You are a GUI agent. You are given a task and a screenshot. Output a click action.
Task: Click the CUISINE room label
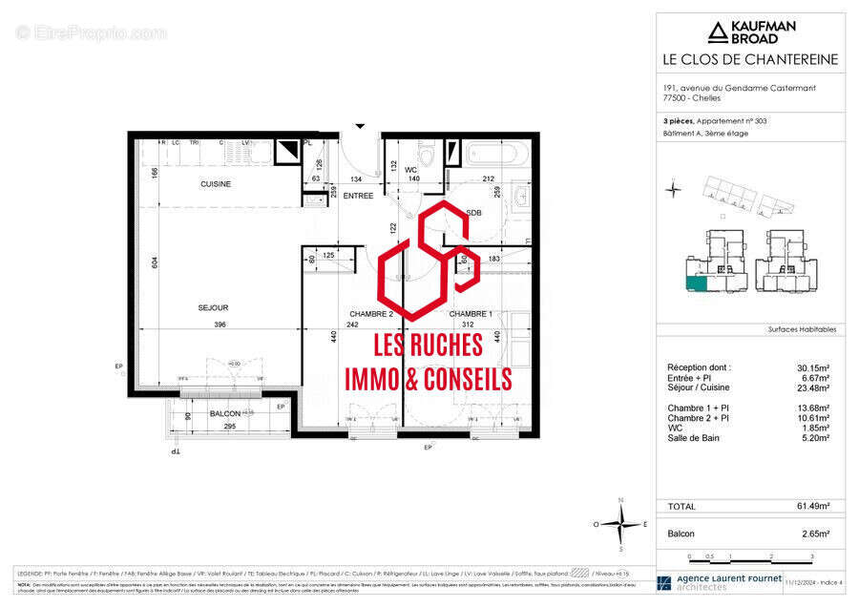point(215,184)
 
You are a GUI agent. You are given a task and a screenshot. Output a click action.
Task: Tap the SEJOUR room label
point(215,307)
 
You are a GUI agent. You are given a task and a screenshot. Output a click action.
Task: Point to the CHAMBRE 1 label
point(471,314)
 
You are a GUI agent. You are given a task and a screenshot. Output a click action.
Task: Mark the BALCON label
point(225,412)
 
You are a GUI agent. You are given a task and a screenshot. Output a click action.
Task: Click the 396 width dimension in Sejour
point(220,324)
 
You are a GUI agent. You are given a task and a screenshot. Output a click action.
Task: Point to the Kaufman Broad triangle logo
point(717,33)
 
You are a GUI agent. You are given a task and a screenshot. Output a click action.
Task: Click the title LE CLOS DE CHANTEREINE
point(750,60)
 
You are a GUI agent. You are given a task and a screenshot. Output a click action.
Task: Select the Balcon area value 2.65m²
point(813,534)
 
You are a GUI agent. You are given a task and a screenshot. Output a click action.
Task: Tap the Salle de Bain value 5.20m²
point(813,438)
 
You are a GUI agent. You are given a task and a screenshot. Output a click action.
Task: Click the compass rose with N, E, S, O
point(620,523)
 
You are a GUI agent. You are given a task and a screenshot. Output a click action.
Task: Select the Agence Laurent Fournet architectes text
point(728,582)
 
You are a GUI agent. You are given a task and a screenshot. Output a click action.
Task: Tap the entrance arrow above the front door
point(360,125)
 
